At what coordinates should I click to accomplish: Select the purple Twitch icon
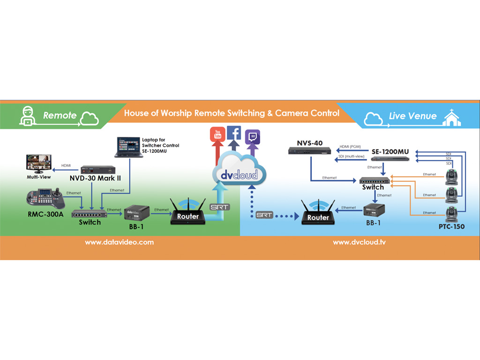253,136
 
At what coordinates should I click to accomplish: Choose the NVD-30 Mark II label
95,178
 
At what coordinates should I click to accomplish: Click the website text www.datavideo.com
119,242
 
